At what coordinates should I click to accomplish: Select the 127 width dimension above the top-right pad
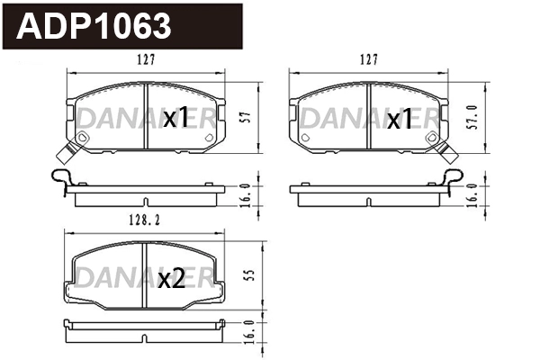pos(367,60)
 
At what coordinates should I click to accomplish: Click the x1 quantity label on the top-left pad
pos(175,118)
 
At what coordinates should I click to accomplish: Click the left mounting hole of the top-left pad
pos(83,137)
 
